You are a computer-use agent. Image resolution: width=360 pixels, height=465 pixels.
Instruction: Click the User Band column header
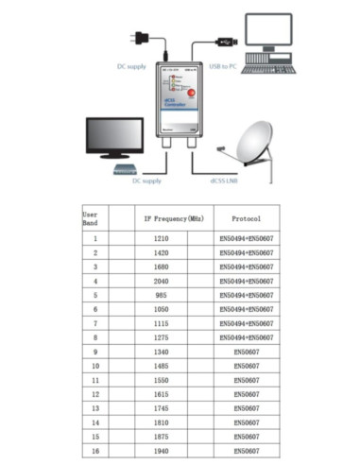tap(91, 219)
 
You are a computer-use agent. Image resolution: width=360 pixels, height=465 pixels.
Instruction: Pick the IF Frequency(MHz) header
tap(173, 218)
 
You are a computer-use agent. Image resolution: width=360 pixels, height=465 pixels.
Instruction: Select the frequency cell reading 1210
tap(161, 239)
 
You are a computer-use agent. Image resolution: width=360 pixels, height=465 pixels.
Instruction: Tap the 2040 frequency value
tap(161, 281)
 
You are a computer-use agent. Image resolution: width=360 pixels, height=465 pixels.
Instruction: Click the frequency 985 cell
tap(161, 295)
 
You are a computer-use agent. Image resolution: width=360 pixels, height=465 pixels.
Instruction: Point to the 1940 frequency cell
tap(161, 451)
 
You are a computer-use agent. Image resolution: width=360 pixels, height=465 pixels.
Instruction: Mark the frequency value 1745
tap(161, 408)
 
